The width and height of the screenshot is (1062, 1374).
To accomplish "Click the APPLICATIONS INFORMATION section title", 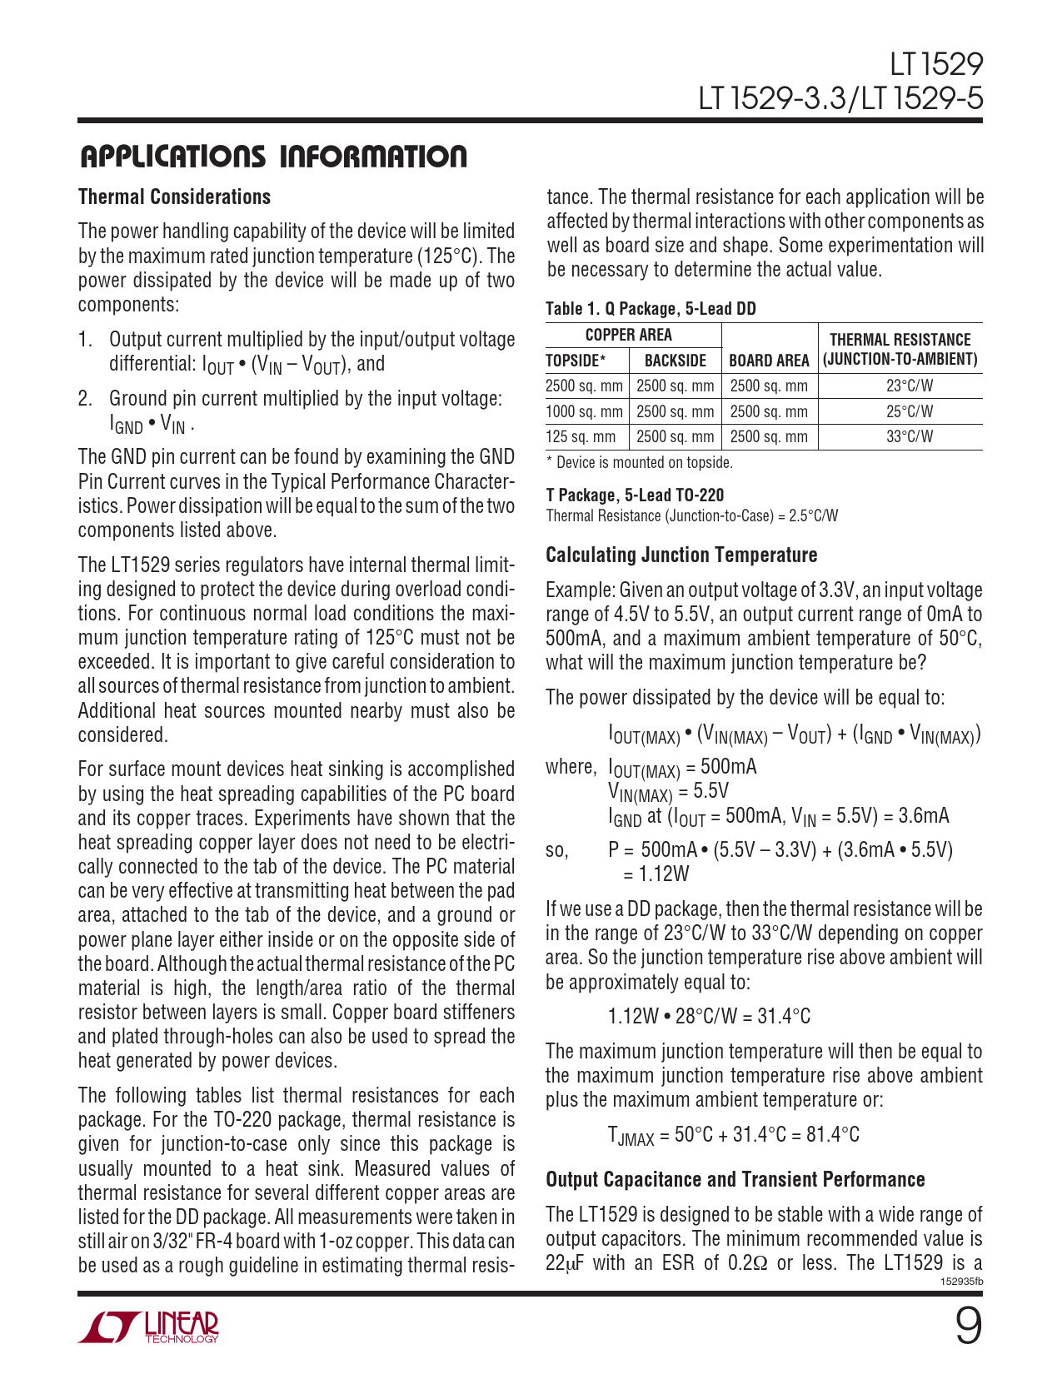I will tap(272, 157).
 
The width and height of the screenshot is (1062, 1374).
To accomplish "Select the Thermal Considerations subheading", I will tap(174, 197).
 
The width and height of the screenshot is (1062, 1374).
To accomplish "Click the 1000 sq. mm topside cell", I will tap(584, 411).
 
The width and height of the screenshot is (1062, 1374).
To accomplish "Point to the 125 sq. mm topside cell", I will tap(581, 437).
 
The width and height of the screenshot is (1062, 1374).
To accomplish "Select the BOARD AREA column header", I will tap(769, 361).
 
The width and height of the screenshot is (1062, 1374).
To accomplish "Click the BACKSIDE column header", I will tap(676, 361).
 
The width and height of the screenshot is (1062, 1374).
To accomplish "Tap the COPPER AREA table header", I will tap(629, 335).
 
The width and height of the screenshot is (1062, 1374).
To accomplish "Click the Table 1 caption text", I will tap(651, 309).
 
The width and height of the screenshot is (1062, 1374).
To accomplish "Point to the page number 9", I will tap(967, 1327).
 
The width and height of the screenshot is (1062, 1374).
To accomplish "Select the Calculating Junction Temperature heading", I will tap(681, 555).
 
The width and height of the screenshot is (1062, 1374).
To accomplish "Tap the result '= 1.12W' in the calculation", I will tap(656, 874).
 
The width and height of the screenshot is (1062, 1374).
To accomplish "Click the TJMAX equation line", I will tap(734, 1135).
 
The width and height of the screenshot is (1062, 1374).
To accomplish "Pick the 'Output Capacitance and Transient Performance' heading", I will tap(735, 1180).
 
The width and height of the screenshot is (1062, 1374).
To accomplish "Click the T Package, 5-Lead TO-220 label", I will tap(635, 495).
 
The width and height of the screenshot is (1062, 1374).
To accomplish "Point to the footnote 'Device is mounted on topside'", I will tap(640, 463).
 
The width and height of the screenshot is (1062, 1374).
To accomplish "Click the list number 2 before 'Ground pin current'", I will tap(84, 399).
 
